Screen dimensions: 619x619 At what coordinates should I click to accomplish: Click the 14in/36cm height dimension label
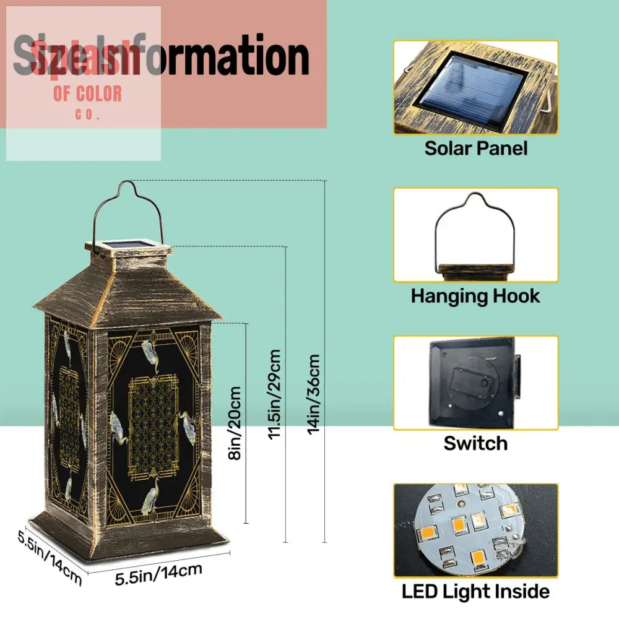[314, 394]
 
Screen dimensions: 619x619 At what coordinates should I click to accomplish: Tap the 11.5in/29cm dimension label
[275, 394]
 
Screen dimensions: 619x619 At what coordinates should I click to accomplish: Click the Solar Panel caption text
[475, 149]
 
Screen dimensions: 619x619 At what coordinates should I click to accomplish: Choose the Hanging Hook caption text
[475, 296]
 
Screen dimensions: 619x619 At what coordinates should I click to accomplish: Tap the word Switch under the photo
[475, 443]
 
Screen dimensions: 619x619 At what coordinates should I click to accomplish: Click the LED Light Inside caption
[475, 592]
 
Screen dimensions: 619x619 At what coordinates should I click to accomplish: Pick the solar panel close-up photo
[475, 87]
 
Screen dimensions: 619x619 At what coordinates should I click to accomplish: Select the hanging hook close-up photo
[475, 235]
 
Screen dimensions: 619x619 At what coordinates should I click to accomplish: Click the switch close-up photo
[475, 383]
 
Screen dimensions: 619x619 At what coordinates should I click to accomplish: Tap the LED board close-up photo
[475, 530]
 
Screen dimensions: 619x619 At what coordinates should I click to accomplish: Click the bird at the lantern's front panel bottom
[150, 496]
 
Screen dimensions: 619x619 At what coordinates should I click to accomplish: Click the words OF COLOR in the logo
[87, 94]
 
